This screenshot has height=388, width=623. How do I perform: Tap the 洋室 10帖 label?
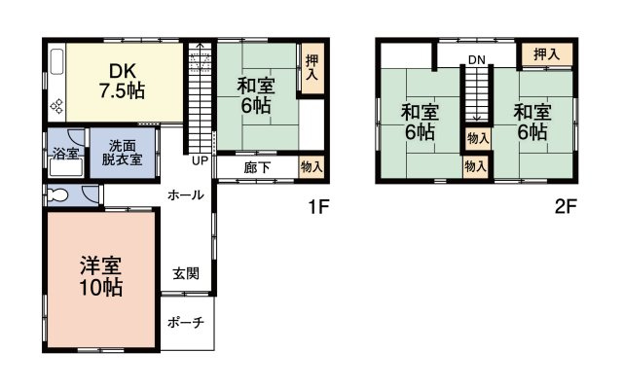point(100,274)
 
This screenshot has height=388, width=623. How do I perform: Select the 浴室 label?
point(65,154)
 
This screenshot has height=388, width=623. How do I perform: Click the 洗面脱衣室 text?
point(122,154)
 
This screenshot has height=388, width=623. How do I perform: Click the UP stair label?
point(200,160)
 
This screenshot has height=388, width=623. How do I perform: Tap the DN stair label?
point(475,60)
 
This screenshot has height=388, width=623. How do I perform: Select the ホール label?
point(186,194)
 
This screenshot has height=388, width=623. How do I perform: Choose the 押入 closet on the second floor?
point(546,53)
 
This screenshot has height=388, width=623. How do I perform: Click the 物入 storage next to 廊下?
point(311,167)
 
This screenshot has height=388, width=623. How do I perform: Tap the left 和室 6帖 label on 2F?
point(420,121)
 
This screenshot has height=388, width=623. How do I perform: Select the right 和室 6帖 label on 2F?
point(531,121)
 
